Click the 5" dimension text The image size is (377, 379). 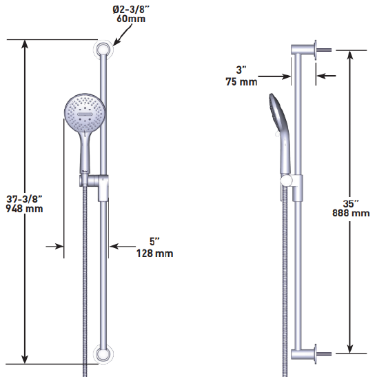click(153, 242)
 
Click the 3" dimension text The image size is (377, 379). click(241, 70)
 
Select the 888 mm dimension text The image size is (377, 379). click(351, 214)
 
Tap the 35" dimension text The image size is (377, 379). click(351, 203)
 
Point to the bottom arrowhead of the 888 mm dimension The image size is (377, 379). click(350, 348)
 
